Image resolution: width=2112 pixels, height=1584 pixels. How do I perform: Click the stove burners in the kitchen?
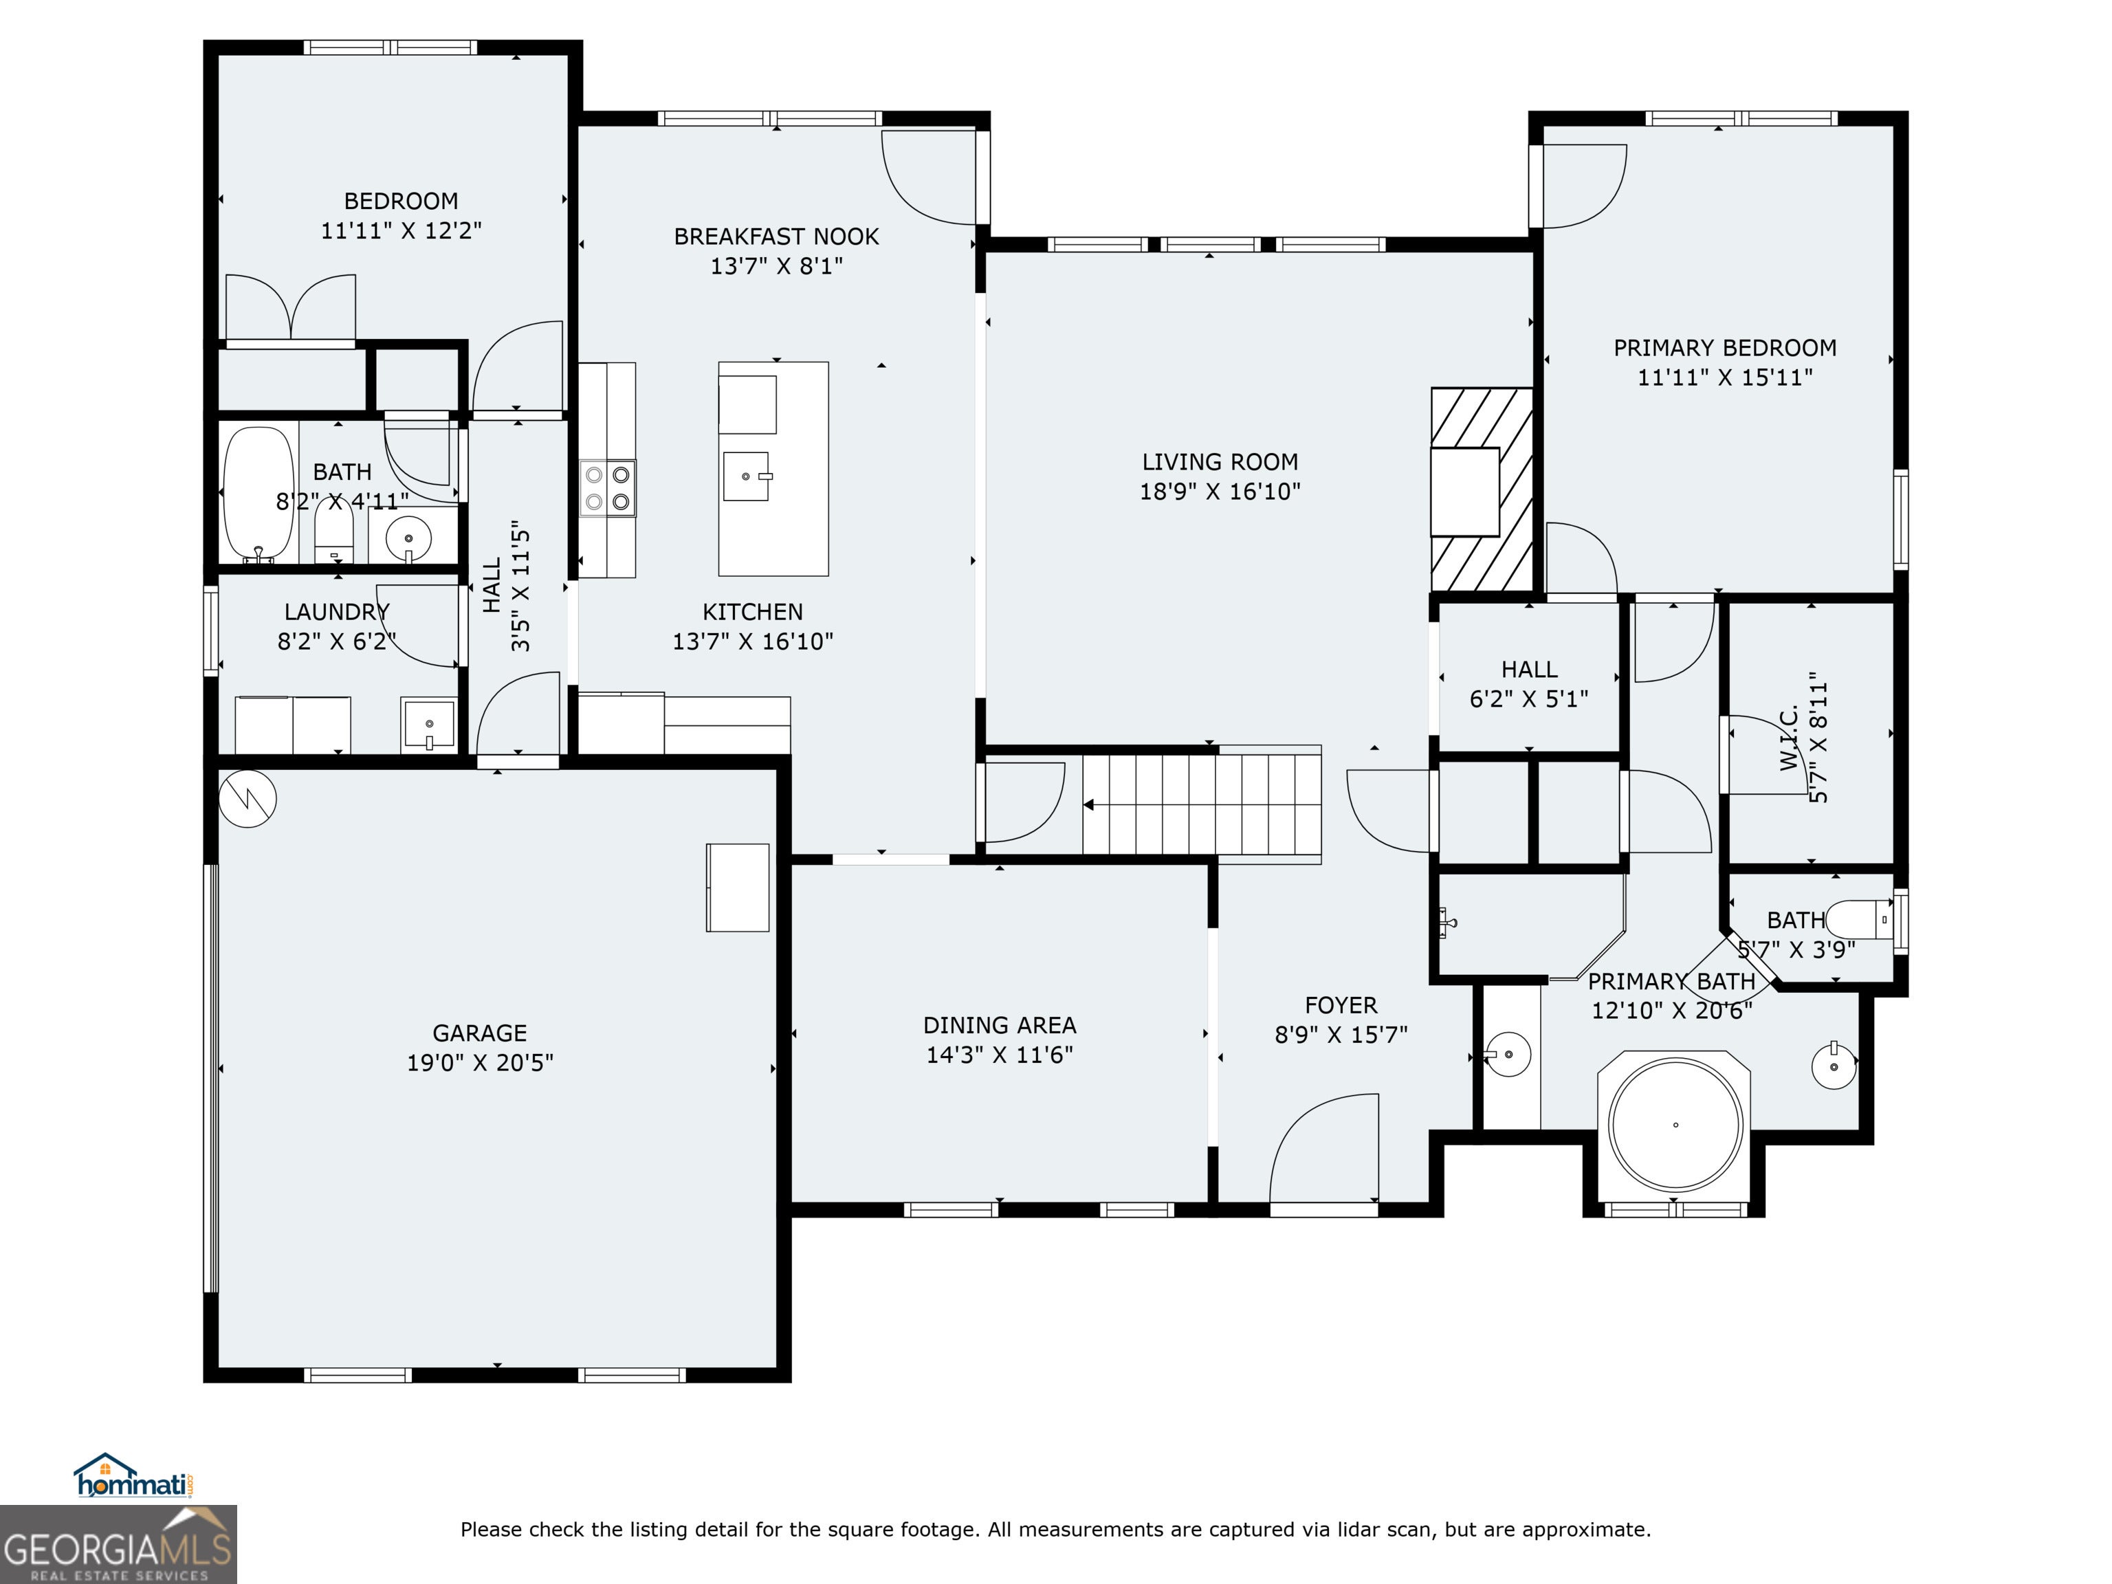[607, 488]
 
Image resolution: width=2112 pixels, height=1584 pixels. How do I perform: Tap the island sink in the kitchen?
[747, 476]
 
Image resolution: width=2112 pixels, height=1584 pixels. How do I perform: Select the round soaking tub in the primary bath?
[1675, 1124]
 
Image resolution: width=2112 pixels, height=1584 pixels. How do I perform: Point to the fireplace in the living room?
[1481, 489]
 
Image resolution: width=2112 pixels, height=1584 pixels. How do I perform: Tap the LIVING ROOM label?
[1220, 462]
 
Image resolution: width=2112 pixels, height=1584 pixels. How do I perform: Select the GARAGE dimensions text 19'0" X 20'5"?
[481, 1063]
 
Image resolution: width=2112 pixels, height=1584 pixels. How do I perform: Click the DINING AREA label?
[1000, 1026]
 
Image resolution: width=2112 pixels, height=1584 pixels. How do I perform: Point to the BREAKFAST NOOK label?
[776, 236]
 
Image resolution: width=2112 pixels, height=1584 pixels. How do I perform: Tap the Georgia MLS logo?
[118, 1544]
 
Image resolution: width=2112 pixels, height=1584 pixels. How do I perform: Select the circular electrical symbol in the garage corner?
[247, 798]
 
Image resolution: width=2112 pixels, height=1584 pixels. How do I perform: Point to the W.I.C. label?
[1790, 737]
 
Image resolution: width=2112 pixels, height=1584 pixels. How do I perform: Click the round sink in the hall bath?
[408, 538]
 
